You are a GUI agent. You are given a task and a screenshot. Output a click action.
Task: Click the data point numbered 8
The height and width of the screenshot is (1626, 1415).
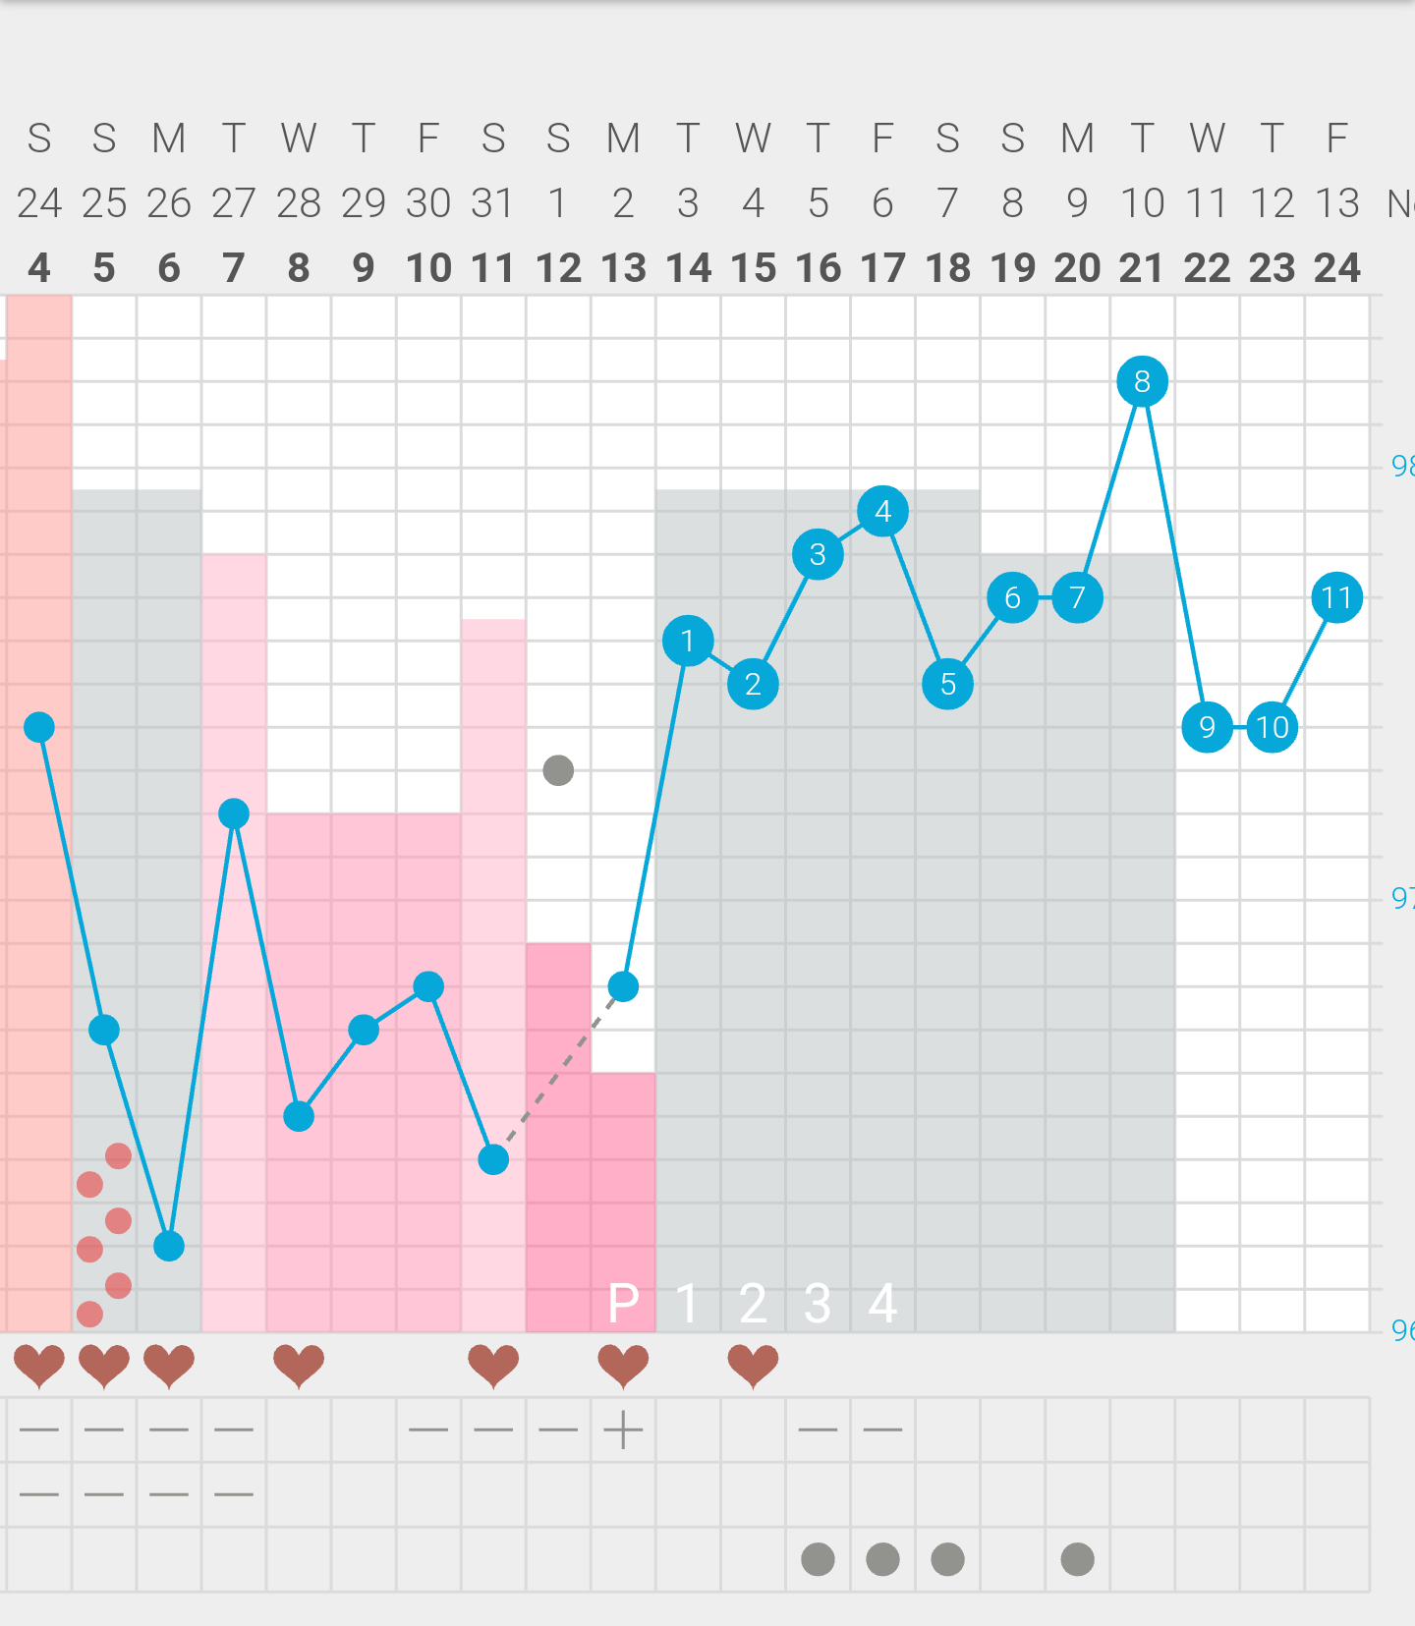(x=1142, y=381)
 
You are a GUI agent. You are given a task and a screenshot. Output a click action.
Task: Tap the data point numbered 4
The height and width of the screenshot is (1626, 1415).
(x=882, y=511)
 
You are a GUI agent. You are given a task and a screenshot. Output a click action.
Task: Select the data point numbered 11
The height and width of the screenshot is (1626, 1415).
(x=1336, y=597)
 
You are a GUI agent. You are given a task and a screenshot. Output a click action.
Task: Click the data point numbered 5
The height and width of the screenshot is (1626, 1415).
(x=947, y=684)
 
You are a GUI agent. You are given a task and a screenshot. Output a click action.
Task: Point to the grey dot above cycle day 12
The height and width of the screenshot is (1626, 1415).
(x=558, y=770)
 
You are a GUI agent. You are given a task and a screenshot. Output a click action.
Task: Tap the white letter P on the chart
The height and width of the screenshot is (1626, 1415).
(x=624, y=1304)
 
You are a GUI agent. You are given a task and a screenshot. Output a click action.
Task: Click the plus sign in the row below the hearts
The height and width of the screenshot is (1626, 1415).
(x=623, y=1430)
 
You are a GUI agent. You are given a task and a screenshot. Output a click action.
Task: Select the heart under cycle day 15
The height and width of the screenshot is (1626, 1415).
(x=753, y=1365)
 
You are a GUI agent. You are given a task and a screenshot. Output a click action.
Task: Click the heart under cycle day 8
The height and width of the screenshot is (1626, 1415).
(x=299, y=1365)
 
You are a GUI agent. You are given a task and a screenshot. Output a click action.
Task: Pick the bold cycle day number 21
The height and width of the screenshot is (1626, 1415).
(x=1142, y=267)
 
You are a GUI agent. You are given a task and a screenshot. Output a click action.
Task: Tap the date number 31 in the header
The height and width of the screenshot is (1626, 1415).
(x=493, y=203)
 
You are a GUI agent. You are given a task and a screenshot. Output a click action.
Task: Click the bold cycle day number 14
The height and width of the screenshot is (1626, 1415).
(x=688, y=267)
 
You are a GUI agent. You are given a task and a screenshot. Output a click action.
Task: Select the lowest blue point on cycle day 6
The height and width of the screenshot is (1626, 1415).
(x=169, y=1246)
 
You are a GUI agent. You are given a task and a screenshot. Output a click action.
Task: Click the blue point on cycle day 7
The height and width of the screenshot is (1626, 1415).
(x=234, y=813)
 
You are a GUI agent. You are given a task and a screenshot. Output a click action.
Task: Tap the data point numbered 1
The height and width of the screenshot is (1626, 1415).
(x=688, y=641)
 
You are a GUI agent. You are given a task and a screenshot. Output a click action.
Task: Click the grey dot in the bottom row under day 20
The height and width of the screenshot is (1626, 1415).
(x=1077, y=1559)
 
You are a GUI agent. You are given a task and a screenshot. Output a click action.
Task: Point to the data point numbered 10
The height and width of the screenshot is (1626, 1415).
(x=1272, y=727)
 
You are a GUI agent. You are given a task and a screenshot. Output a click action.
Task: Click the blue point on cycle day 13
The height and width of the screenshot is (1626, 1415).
(x=623, y=986)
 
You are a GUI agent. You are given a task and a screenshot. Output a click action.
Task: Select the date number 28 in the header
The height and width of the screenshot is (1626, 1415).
(x=299, y=203)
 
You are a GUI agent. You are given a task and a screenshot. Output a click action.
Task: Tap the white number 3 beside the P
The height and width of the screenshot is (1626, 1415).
(x=818, y=1304)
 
